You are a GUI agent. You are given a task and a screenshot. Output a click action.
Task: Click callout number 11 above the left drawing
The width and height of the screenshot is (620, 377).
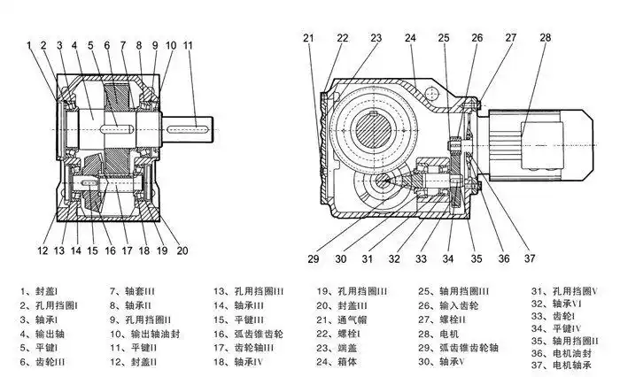188,44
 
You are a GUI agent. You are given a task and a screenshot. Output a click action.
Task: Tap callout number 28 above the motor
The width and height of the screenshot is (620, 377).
545,37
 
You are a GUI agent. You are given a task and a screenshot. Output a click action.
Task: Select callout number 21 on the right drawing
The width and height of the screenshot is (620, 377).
308,37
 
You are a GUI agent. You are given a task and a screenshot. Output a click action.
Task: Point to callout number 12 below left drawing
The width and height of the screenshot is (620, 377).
42,250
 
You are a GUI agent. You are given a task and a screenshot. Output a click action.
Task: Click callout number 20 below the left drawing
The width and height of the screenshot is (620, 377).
182,250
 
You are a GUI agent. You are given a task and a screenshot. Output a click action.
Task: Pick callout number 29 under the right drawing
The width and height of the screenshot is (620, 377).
312,258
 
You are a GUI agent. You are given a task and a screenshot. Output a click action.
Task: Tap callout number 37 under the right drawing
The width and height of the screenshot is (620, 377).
530,258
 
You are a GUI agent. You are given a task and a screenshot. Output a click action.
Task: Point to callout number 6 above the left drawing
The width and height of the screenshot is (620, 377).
107,44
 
